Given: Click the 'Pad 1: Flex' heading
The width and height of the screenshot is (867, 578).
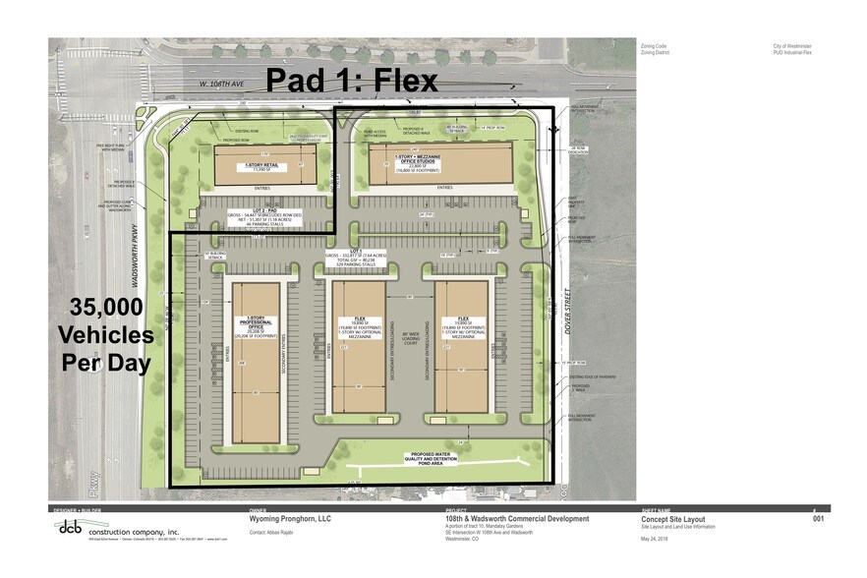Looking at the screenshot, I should point(351,81).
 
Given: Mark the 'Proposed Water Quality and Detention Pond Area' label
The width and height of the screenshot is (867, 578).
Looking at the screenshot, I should point(433,457).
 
